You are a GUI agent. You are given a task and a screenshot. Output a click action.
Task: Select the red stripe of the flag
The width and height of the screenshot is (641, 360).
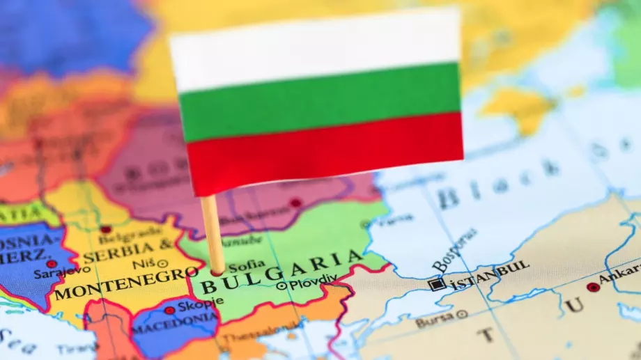pyautogui.click(x=324, y=150)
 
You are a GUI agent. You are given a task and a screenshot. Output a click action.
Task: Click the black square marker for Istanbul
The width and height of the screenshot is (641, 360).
pyautogui.click(x=437, y=284)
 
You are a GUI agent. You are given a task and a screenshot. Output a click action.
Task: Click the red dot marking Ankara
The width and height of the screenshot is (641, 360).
pyautogui.click(x=592, y=287)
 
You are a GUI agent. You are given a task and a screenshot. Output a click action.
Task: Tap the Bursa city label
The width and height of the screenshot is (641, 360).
pyautogui.click(x=433, y=321)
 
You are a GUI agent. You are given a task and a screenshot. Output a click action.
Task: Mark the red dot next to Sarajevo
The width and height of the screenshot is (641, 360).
pyautogui.click(x=52, y=264)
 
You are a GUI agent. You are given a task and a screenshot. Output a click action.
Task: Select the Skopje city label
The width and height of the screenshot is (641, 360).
pyautogui.click(x=203, y=304)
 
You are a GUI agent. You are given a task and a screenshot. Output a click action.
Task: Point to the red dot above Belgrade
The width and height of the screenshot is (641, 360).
pyautogui.click(x=105, y=229)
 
